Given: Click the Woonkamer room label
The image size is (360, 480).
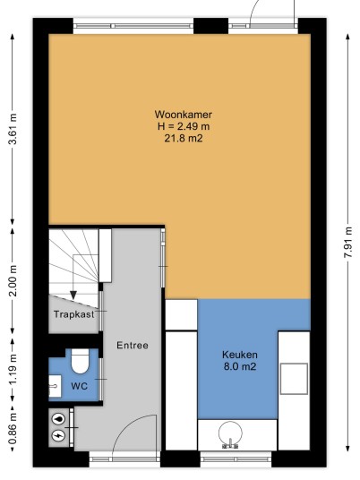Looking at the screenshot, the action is [184, 115].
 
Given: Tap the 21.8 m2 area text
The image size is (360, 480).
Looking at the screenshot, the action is [184, 139].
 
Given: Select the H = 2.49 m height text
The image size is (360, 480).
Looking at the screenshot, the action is [184, 126].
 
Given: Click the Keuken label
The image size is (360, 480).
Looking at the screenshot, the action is [240, 355].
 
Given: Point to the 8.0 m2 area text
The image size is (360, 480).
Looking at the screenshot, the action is [240, 366].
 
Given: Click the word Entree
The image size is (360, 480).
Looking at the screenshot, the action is [133, 346].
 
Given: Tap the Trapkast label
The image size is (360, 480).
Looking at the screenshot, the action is [74, 314].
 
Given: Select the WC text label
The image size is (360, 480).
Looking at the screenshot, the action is [80, 386].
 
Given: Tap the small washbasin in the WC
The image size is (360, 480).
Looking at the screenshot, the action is [55, 386].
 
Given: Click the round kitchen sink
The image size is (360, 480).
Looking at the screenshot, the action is [230, 433].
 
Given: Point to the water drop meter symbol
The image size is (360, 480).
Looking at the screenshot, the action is [58, 419].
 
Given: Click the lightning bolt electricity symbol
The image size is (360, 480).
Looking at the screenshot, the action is [58, 435].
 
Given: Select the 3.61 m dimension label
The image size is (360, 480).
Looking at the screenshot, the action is [13, 129].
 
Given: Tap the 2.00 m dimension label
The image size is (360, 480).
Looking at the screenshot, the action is [13, 281].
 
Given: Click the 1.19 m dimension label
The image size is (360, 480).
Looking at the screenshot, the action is [13, 371].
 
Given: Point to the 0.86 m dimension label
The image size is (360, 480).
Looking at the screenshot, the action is [13, 428].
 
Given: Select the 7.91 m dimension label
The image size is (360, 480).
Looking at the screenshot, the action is [348, 242].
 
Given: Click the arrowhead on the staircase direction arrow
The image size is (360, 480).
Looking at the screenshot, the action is [73, 296].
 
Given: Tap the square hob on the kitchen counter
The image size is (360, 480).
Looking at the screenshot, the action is [294, 379].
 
